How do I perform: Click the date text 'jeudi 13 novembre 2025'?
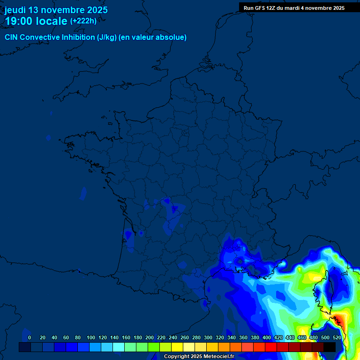tap(56, 10)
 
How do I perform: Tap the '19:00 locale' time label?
tap(36, 21)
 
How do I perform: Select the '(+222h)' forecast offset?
tap(83, 21)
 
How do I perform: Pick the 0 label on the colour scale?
tap(30, 337)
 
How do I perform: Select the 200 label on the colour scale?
tap(150, 337)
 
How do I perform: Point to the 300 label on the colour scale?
tap(208, 337)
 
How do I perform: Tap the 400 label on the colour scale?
tap(267, 337)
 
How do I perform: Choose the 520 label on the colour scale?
tap(337, 337)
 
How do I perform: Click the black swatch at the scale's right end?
tap(330, 347)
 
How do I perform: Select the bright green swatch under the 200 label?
tap(154, 347)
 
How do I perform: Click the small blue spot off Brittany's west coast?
tap(48, 138)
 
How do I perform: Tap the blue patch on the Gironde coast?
tap(128, 234)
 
